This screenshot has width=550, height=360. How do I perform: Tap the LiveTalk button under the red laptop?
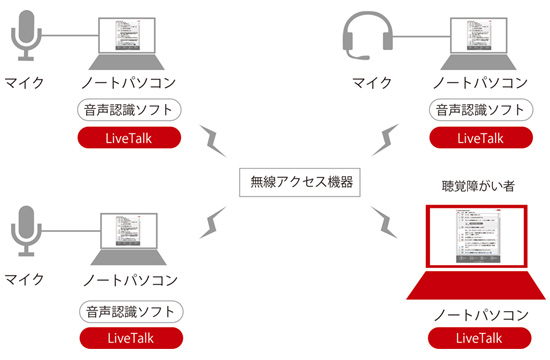coord(475,337)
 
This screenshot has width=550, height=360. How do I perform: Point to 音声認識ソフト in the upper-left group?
coord(128,109)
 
